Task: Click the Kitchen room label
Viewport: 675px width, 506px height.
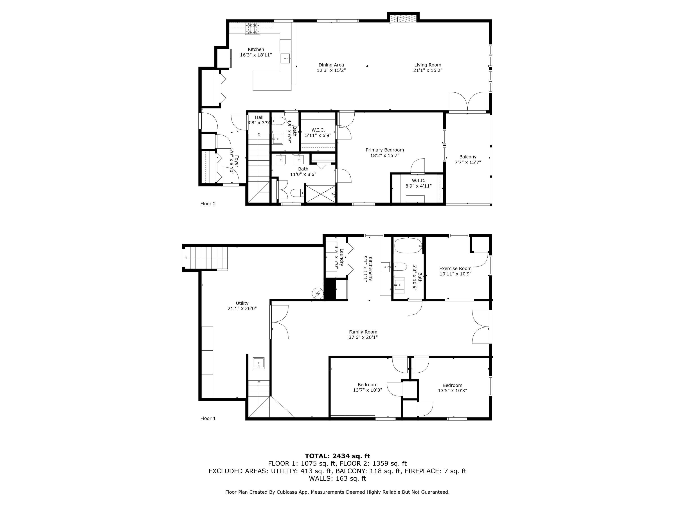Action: click(256, 49)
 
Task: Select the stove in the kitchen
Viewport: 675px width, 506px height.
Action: click(253, 29)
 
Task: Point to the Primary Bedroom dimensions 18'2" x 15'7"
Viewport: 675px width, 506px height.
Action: click(385, 155)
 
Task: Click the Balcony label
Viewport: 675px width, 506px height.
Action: click(468, 157)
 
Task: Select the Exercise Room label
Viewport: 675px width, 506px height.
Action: click(455, 268)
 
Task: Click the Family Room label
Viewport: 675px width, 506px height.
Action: click(363, 332)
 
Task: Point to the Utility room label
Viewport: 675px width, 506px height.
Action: click(242, 303)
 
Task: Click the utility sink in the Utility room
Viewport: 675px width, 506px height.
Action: click(259, 363)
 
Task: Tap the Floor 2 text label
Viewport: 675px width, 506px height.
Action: click(208, 204)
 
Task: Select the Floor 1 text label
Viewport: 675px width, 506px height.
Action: click(208, 419)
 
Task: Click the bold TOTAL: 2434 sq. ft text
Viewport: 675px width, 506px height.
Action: click(337, 456)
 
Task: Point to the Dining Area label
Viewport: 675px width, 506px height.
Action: click(331, 65)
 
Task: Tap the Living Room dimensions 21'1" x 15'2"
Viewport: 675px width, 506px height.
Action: click(427, 70)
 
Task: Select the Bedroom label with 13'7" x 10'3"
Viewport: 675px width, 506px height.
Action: click(367, 385)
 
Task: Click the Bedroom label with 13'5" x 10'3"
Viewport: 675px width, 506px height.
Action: click(452, 385)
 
